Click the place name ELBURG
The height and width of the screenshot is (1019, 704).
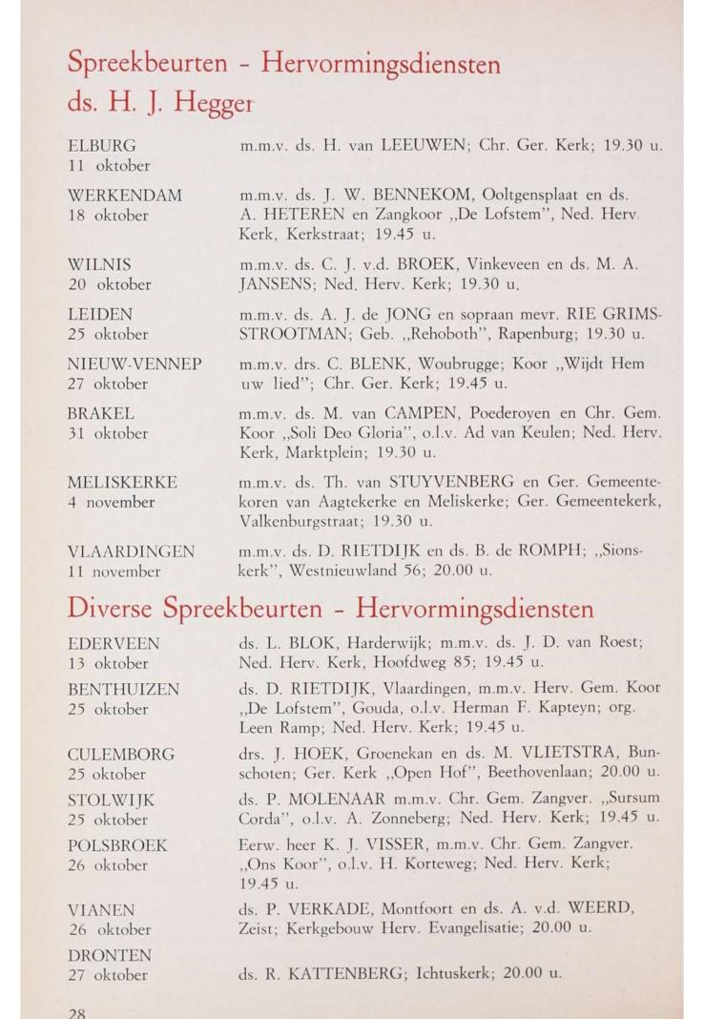tap(102, 146)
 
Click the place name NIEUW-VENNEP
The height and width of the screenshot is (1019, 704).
tap(134, 364)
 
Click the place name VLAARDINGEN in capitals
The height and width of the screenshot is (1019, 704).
tap(131, 552)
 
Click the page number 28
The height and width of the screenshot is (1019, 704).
tap(76, 1011)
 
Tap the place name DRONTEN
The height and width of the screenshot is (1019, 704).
tap(110, 955)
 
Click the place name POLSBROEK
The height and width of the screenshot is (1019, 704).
tap(117, 845)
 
